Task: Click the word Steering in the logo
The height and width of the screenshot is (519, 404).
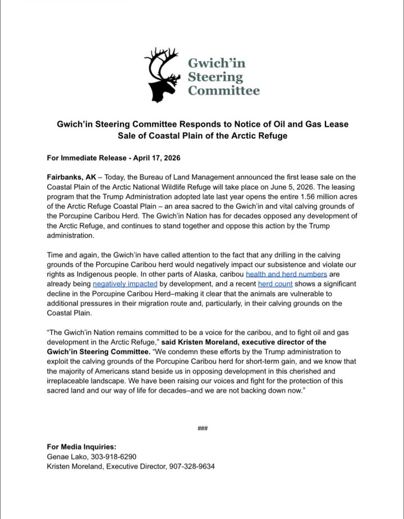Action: tap(215, 76)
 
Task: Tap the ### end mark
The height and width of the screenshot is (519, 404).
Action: tap(203, 429)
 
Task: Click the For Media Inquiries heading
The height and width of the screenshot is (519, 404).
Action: tap(81, 447)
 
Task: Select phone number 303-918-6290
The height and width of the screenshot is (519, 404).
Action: tap(112, 457)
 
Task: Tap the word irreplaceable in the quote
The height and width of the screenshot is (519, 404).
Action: tap(72, 381)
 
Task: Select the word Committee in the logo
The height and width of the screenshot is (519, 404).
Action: tap(223, 90)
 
